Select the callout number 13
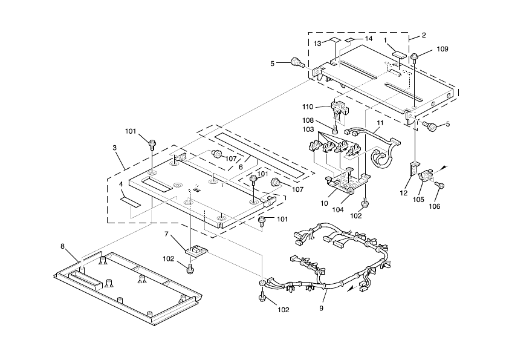317,43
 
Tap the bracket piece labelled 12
415,168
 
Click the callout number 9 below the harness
322,308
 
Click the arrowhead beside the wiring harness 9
351,289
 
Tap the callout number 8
62,246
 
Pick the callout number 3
115,147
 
